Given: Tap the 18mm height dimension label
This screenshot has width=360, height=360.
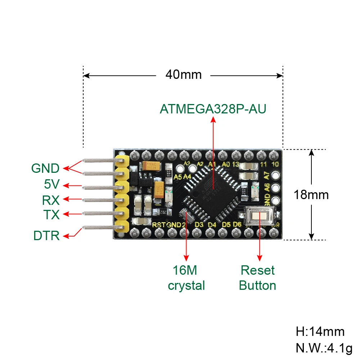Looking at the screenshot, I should click(311, 195).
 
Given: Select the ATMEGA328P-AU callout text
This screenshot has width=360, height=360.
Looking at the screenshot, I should click(213, 109).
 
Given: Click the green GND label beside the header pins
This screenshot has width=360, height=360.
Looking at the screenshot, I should click(45, 168).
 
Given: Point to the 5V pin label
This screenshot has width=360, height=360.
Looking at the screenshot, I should click(51, 185).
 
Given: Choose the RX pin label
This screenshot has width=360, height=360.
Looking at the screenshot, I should click(51, 200).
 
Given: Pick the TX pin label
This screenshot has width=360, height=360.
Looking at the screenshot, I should click(51, 215).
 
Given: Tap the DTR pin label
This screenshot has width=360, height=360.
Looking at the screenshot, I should click(46, 236).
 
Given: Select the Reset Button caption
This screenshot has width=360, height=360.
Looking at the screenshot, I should click(257, 278).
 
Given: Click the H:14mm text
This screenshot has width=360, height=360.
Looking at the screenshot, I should click(320, 331).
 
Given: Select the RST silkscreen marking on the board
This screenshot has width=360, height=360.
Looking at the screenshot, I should click(158, 225).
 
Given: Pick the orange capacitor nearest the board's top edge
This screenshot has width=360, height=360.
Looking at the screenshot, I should click(151, 166).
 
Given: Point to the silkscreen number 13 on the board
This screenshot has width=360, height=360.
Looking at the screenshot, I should click(235, 164).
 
